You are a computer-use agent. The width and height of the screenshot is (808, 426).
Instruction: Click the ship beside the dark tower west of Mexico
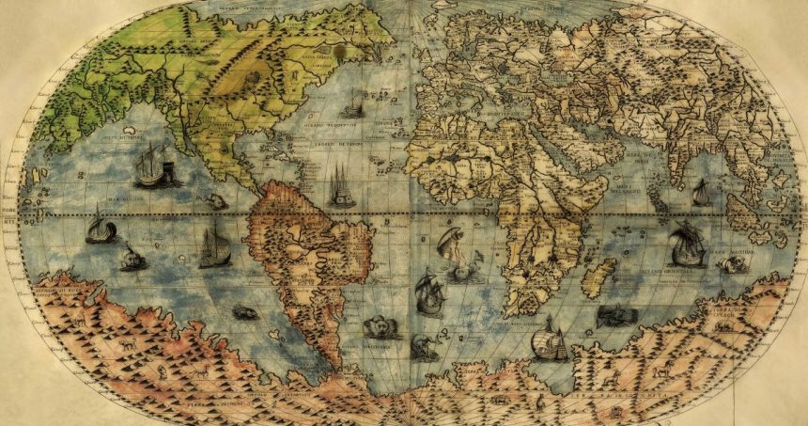(150, 167)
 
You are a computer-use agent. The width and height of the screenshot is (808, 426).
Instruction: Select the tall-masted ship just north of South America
(339, 187)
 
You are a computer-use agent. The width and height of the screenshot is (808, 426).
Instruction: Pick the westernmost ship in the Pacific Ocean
(100, 227)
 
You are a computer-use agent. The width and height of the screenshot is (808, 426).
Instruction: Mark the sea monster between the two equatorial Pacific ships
(132, 257)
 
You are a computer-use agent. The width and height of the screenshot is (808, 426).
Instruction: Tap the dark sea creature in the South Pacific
(243, 311)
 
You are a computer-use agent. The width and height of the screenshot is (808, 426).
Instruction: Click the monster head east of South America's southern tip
(381, 326)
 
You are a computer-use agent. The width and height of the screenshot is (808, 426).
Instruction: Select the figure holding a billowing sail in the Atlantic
(450, 246)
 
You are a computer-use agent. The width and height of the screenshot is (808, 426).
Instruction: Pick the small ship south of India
(701, 192)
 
